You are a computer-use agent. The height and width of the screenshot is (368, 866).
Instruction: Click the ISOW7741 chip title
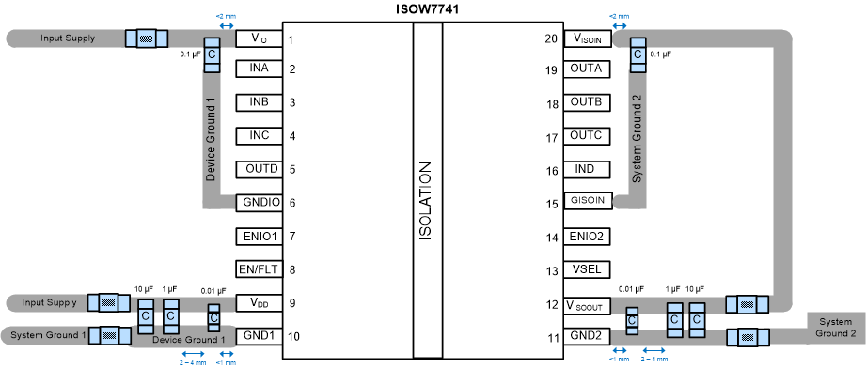[x=427, y=9]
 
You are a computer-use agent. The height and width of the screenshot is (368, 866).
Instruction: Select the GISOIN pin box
[x=588, y=202]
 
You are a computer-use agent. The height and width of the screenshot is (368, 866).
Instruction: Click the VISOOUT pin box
[x=588, y=305]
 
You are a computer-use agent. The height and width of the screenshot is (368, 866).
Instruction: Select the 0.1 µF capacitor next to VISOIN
[x=638, y=56]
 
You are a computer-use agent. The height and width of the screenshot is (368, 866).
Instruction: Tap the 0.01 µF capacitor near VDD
[x=213, y=319]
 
